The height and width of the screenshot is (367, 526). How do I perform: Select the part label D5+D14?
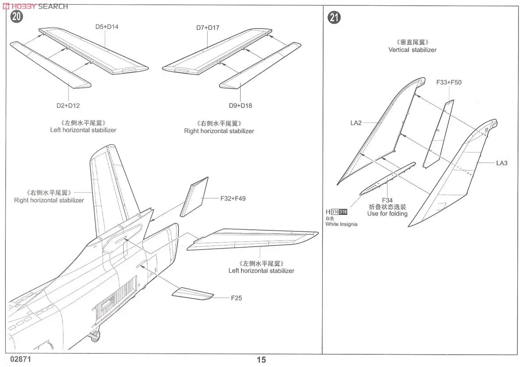click(107, 27)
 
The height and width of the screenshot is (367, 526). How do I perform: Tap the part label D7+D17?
click(208, 28)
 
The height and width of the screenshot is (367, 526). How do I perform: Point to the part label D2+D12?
click(68, 105)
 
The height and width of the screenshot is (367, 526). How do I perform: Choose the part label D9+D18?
click(240, 105)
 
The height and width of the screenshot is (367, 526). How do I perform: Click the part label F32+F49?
click(233, 199)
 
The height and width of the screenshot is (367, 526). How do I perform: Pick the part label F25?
click(237, 298)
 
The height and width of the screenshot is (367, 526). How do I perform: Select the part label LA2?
click(356, 123)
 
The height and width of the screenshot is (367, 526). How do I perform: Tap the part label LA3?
click(502, 163)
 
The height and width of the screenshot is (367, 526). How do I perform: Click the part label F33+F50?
click(449, 82)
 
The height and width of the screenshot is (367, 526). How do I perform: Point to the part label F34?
click(387, 200)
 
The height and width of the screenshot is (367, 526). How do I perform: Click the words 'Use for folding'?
click(387, 214)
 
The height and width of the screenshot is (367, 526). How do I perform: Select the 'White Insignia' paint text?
click(341, 224)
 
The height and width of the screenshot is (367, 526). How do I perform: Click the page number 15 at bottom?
click(261, 360)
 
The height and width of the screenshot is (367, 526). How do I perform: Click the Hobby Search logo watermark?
click(35, 6)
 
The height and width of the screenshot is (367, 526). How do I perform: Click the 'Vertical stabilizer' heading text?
click(412, 50)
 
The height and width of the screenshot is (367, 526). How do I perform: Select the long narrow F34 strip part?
click(387, 178)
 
